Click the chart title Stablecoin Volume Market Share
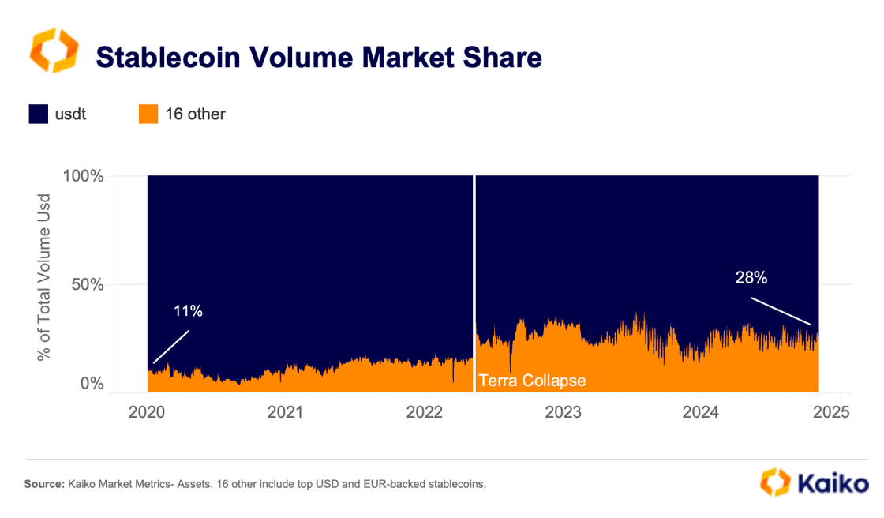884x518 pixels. point(318,58)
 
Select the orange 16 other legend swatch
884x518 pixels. point(148,114)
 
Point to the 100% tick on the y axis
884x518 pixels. point(83,175)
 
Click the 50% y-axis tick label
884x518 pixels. point(88,284)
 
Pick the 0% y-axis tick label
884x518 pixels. point(92,385)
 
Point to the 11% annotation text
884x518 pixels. point(188,311)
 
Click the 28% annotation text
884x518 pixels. point(751,277)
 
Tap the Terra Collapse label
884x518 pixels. point(532,381)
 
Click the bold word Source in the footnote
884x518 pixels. point(43,483)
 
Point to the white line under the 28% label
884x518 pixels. point(781,311)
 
